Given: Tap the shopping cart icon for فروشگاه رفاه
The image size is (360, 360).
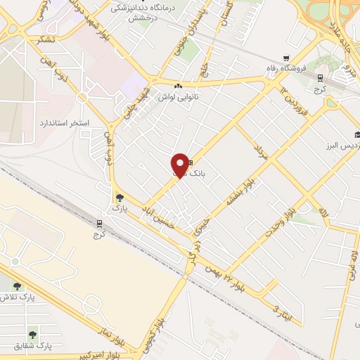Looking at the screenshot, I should pyautogui.click(x=285, y=58).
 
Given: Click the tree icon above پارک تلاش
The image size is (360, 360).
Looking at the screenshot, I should pyautogui.click(x=17, y=286).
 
